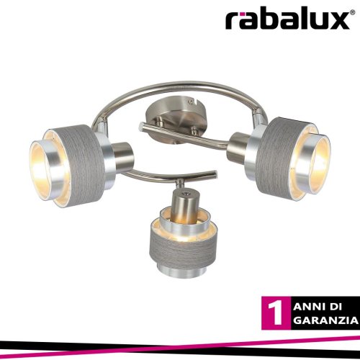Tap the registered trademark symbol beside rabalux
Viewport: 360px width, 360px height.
point(353,12)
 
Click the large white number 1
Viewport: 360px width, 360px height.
point(276,313)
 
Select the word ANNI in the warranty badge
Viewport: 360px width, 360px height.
point(309,307)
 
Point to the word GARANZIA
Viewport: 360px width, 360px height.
point(325,320)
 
